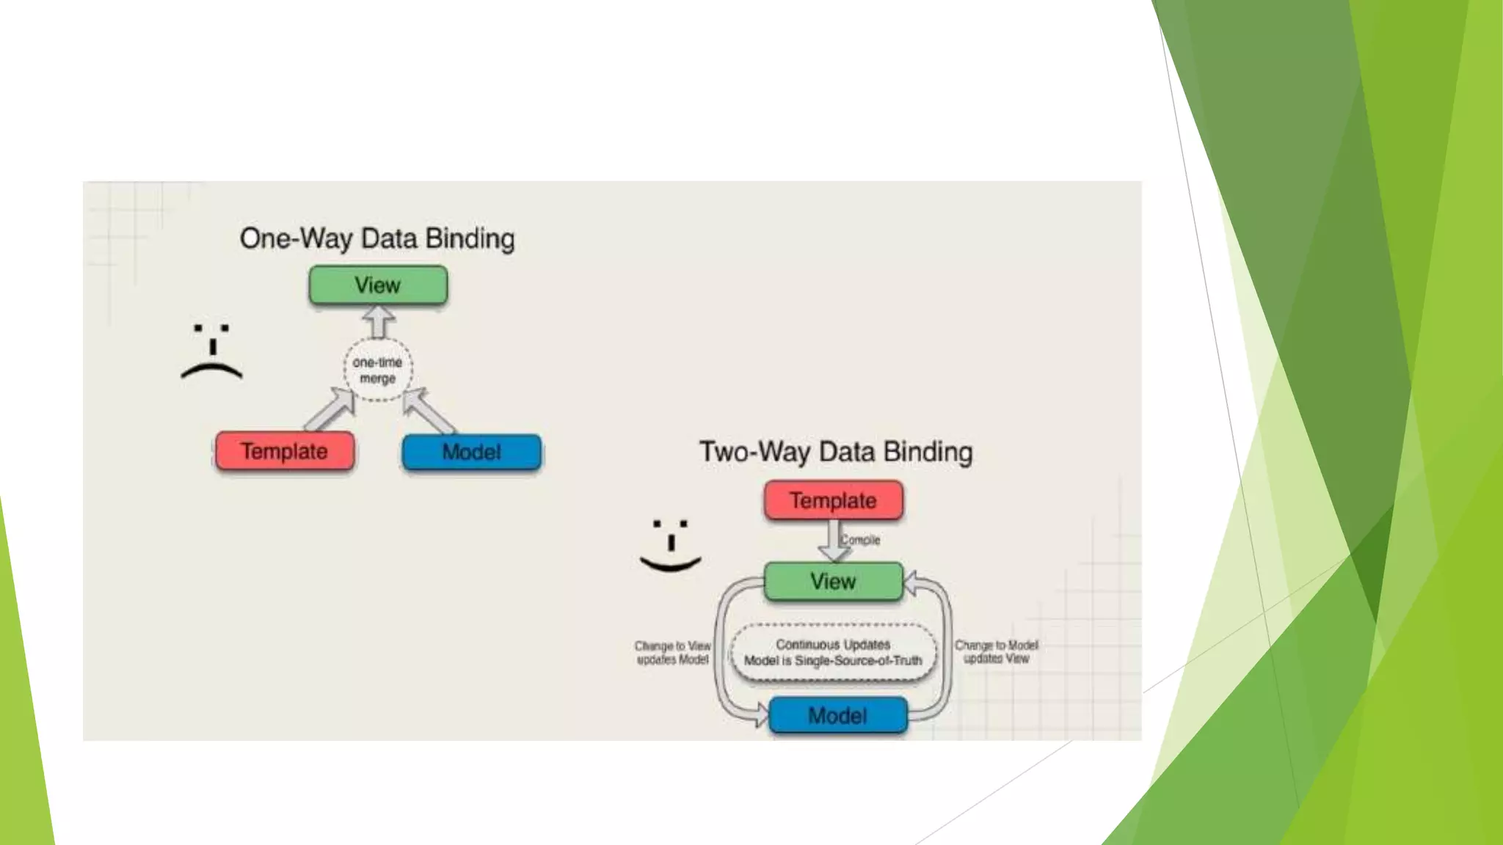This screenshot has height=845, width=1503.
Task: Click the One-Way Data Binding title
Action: point(377,239)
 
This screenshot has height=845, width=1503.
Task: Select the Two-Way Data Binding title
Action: point(835,452)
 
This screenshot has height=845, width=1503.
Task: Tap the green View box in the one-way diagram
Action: point(378,285)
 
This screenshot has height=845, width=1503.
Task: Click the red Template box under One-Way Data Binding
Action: point(285,451)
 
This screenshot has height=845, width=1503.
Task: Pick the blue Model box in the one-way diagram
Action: point(471,452)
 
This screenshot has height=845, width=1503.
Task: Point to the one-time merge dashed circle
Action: point(378,370)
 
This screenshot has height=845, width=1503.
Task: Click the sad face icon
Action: point(211,351)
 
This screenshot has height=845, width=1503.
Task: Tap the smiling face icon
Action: point(670,546)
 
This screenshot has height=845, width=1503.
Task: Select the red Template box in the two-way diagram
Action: point(833,501)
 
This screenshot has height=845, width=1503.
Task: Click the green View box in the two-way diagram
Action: point(833,582)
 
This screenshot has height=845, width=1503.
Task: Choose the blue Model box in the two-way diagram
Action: point(837,716)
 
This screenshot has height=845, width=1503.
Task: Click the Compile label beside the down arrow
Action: point(860,540)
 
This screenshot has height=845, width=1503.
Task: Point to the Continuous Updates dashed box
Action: point(833,653)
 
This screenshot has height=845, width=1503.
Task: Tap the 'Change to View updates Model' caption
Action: point(672,653)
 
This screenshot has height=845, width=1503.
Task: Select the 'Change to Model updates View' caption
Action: point(996,652)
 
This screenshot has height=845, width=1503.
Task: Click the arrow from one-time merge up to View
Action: point(379,322)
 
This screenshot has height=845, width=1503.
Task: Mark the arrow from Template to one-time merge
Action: point(331,410)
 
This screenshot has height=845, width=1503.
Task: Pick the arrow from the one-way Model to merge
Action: point(427,410)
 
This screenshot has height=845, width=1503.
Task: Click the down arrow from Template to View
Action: point(834,541)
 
